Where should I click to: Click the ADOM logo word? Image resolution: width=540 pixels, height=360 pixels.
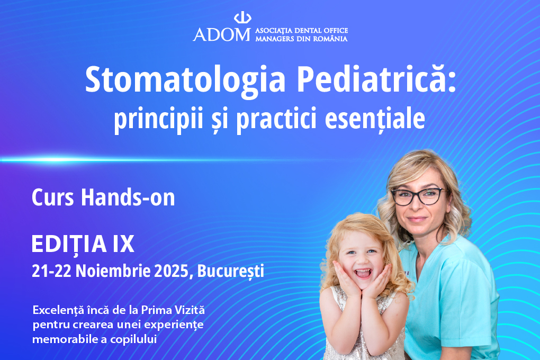[x=222, y=34]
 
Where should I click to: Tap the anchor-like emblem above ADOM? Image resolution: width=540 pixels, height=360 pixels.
[x=242, y=17]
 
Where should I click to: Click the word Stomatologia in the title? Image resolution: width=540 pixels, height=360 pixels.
[x=185, y=80]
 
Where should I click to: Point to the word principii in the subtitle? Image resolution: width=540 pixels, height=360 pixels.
[x=158, y=119]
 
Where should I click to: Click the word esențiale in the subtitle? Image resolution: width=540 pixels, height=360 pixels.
[x=375, y=118]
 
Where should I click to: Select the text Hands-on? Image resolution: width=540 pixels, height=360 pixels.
[x=128, y=197]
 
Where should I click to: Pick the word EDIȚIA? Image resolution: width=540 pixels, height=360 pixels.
[x=69, y=245]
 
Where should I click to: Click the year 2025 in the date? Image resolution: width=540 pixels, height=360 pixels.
[x=171, y=271]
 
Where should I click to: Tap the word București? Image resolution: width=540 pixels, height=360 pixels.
[x=230, y=272]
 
